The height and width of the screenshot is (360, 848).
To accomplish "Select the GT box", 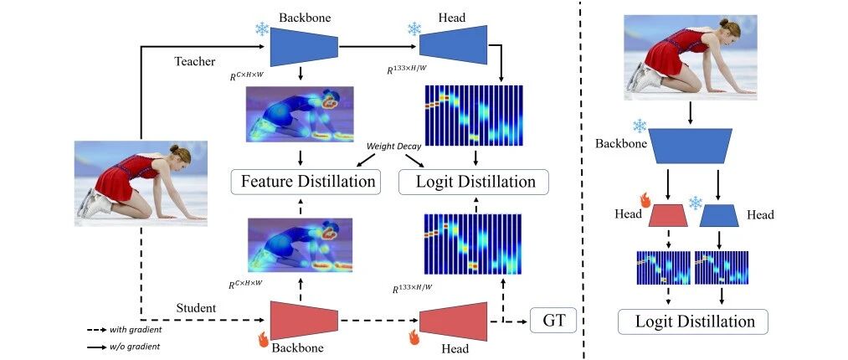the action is tap(553, 321).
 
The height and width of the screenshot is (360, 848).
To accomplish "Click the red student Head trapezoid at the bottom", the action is tap(453, 321).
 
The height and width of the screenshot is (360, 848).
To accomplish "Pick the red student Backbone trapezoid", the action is tap(304, 321).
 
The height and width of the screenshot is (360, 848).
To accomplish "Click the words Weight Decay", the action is tap(393, 146).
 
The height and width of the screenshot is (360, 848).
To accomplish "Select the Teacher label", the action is tap(195, 62).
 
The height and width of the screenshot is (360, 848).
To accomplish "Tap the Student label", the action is tap(196, 308).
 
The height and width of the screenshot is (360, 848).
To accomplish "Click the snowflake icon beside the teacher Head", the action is tap(414, 28).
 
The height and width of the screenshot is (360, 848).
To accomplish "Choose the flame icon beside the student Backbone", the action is tap(264, 339).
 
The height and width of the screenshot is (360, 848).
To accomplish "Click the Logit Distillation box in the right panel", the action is tap(693, 321).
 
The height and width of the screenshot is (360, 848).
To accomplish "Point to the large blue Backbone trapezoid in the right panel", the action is tap(690, 146).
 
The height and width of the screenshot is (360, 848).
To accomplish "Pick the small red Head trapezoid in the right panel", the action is tap(669, 216).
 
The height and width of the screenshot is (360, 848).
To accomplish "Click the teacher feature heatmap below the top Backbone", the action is tap(300, 114).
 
